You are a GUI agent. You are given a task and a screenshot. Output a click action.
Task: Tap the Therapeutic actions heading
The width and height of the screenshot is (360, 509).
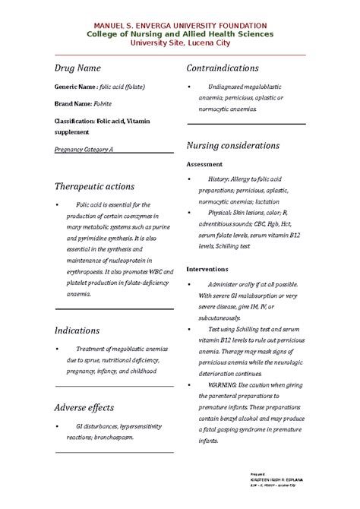pos(94,186)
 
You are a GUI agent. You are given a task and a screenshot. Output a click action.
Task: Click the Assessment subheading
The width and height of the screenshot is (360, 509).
pos(204,163)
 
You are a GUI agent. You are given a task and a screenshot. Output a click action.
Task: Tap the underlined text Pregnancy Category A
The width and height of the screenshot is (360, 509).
pos(84,150)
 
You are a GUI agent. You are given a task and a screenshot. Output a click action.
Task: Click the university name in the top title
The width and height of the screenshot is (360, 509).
pos(180,26)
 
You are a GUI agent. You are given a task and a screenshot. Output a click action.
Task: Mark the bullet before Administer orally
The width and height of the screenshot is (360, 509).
pos(189,284)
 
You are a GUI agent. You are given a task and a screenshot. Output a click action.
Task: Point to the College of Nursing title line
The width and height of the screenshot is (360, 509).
pos(180,35)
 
